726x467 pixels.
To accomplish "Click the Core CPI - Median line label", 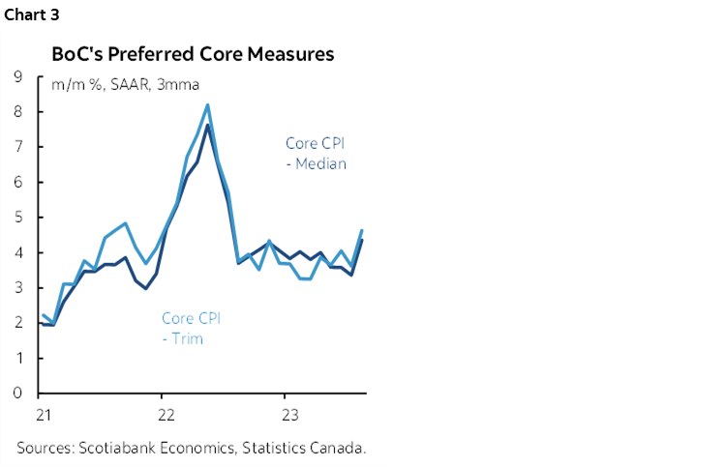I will point(316,154).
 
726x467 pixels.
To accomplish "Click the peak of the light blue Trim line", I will point(207,105).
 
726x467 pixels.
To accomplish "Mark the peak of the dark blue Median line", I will point(207,126).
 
